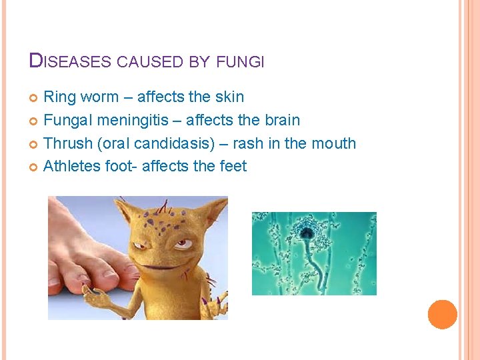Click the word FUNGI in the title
pyautogui.click(x=241, y=62)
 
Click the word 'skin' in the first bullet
pyautogui.click(x=229, y=97)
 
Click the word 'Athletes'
pyautogui.click(x=72, y=166)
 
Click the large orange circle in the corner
pyautogui.click(x=443, y=315)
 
